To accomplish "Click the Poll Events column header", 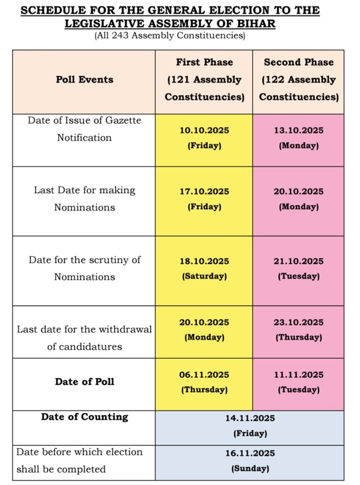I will pos(84,80).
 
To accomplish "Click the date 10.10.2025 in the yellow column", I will pos(204,130).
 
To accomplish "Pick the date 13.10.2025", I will pos(298,130).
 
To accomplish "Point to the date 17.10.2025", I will pos(204,192).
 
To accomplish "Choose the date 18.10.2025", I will pos(204,261).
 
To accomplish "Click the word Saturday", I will pos(204,276).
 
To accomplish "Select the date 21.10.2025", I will pos(298,261).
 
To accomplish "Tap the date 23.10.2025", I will pos(298,323).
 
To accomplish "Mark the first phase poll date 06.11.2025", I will pos(204,375).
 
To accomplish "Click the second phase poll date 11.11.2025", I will pos(298,375).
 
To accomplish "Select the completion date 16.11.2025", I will pos(250,453).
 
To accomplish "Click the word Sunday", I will pos(250,469).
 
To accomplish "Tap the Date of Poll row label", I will pos(84,382).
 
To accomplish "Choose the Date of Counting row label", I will pos(84,417).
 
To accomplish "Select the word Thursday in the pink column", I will pos(298,337).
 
